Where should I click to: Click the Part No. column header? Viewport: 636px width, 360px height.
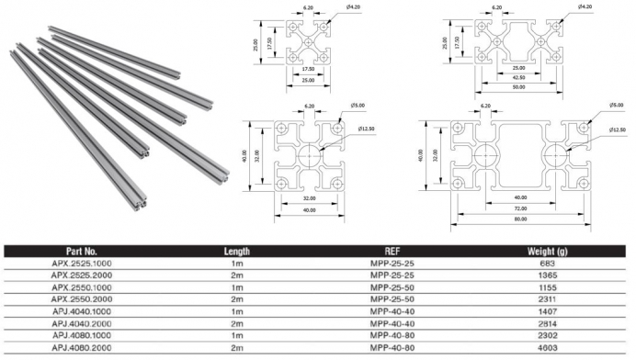pos(82,252)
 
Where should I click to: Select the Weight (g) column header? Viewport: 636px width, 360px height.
pos(547,252)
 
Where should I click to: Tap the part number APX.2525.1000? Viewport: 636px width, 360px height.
pos(82,264)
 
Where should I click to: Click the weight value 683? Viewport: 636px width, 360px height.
pos(547,264)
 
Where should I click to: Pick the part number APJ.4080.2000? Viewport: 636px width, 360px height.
pos(82,348)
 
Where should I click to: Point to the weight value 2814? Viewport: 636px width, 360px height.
pos(547,323)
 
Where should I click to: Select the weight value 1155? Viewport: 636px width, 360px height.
pos(547,287)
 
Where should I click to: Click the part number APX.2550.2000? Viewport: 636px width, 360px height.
pos(82,299)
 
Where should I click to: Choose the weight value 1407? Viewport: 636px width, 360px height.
pos(547,311)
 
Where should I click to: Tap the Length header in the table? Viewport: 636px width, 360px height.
pos(237,252)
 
